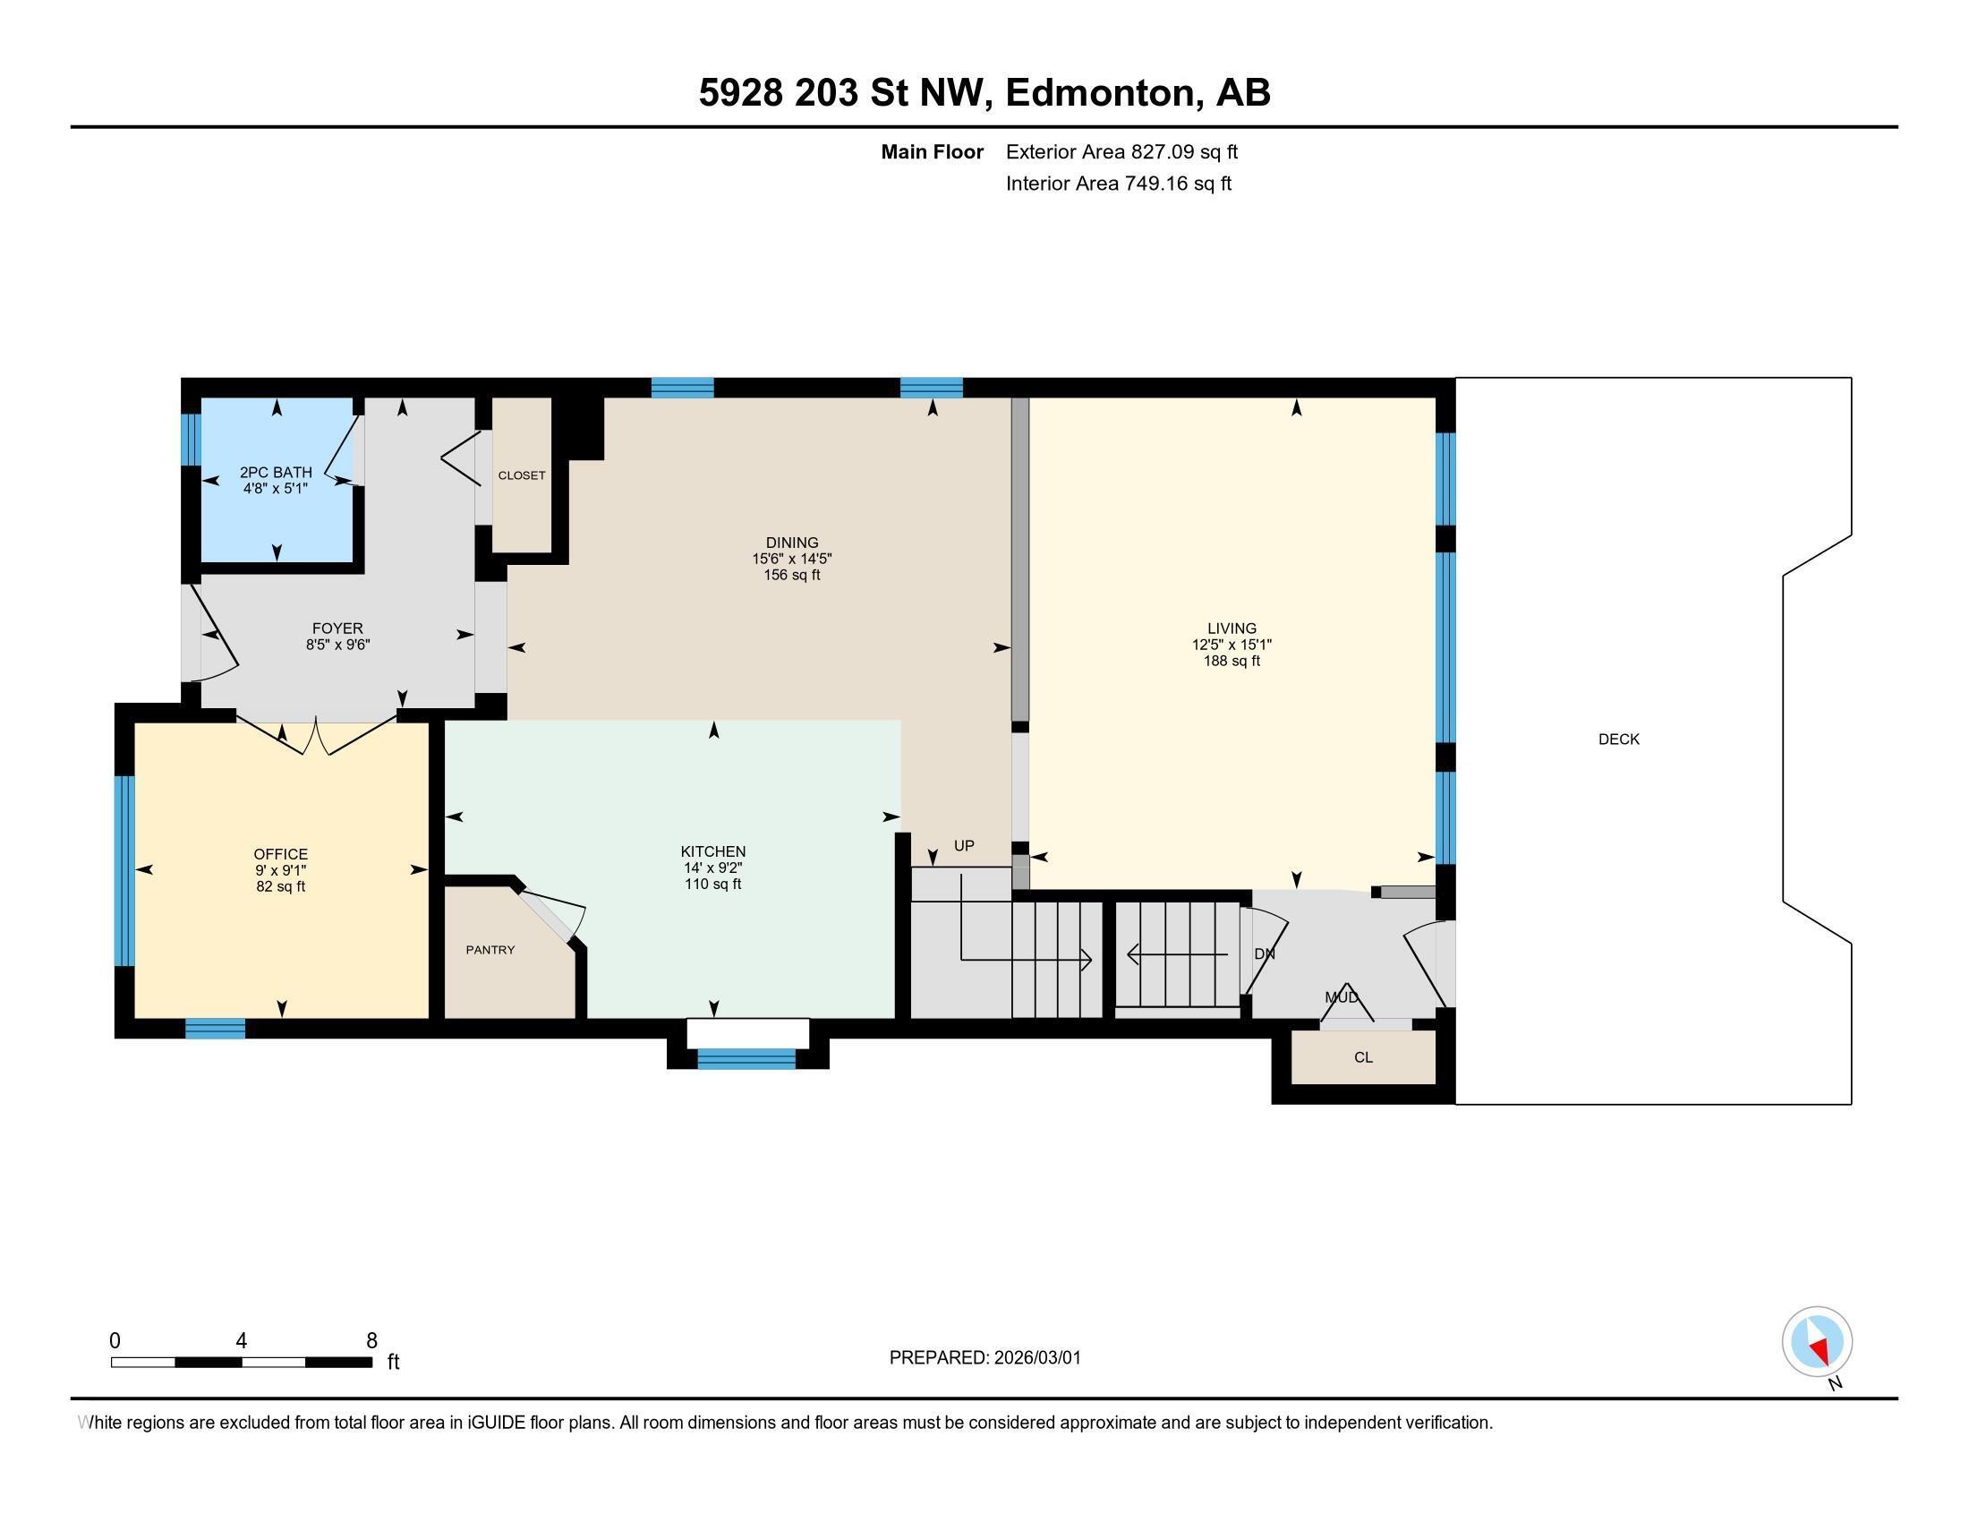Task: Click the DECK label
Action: click(x=1618, y=740)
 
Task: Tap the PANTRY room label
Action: click(x=490, y=949)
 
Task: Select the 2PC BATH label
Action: click(x=276, y=473)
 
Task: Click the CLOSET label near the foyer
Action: click(x=522, y=475)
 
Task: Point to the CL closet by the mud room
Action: click(x=1363, y=1056)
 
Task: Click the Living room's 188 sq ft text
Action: click(x=1232, y=661)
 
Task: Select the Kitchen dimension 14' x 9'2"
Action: click(x=712, y=868)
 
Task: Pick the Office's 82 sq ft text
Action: click(x=280, y=886)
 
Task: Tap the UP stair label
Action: click(x=964, y=846)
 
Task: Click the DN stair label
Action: click(x=1264, y=954)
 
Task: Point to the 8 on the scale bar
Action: click(x=371, y=1341)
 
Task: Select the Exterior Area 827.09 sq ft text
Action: click(x=1121, y=152)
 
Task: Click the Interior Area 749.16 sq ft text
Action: click(x=1118, y=184)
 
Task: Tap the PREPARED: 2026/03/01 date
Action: click(x=984, y=1358)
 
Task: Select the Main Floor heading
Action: click(x=932, y=152)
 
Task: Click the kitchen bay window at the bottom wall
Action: click(x=746, y=1058)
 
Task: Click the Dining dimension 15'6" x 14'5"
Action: click(x=791, y=559)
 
